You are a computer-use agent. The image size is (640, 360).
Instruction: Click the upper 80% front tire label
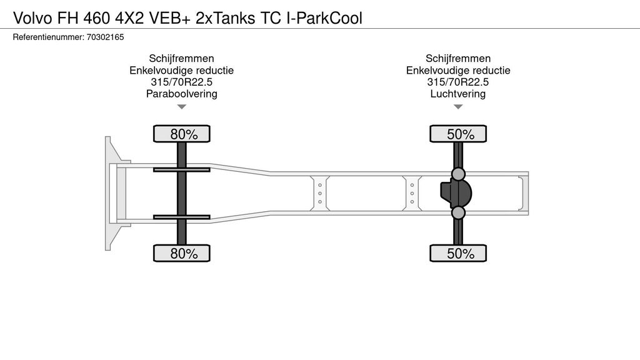click(182, 134)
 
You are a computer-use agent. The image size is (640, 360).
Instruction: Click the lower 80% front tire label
click(182, 253)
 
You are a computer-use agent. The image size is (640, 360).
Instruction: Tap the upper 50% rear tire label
click(458, 134)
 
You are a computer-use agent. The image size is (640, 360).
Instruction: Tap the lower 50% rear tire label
click(458, 253)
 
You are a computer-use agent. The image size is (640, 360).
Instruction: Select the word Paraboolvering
click(181, 94)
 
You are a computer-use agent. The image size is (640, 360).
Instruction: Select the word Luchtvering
click(458, 94)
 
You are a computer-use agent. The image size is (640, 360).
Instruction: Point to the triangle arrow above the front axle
click(182, 107)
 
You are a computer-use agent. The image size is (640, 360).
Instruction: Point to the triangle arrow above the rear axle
click(458, 107)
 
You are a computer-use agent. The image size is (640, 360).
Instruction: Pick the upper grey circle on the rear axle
click(458, 173)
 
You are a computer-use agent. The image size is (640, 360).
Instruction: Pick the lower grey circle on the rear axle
click(458, 213)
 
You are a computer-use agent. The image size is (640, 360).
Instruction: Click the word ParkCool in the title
click(332, 18)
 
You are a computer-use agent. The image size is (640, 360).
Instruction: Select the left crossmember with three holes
click(319, 193)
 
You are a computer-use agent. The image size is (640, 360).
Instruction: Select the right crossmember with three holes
click(412, 193)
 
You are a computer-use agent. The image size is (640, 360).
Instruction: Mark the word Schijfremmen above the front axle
click(181, 59)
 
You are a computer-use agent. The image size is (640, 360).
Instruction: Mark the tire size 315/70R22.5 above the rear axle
click(458, 82)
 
